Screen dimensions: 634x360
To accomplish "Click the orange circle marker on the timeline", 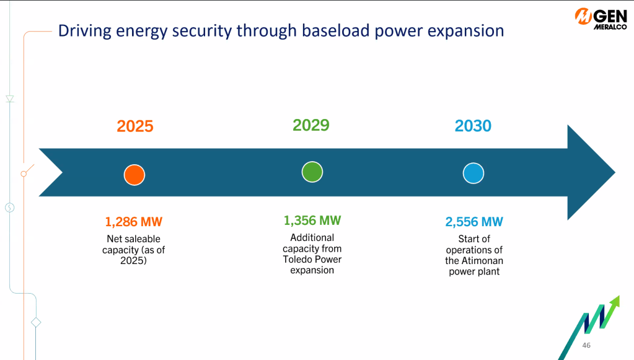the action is [x=134, y=175].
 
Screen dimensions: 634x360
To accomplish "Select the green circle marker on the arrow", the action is [x=312, y=172].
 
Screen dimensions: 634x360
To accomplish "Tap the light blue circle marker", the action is [x=473, y=173].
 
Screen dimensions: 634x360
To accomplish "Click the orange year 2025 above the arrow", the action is [x=135, y=126].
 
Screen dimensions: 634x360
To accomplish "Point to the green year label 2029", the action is [x=311, y=125].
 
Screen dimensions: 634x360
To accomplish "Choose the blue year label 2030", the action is [x=473, y=126].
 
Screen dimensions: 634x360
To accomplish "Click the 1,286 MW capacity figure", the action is [x=133, y=222].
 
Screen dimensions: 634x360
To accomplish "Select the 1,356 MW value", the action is [x=312, y=221].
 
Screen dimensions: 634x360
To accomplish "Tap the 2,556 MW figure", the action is [x=474, y=222].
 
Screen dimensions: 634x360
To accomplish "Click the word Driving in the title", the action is [x=84, y=32].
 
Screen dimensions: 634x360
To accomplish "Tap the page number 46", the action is [x=586, y=346].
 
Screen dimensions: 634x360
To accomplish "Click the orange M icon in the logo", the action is [x=583, y=17].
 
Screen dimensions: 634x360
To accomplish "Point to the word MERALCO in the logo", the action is [x=610, y=27].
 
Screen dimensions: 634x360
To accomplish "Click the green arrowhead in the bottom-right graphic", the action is [x=615, y=302].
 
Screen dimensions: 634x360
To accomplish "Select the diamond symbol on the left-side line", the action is [x=36, y=322].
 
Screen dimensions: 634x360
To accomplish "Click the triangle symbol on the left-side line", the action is [x=10, y=99].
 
